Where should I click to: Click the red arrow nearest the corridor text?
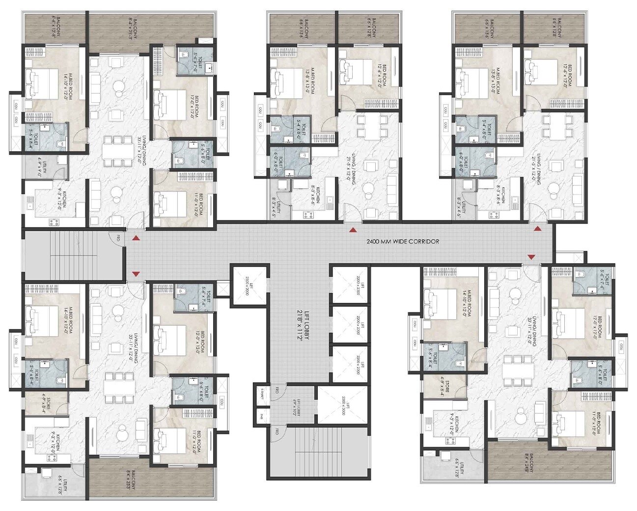coord(352,229)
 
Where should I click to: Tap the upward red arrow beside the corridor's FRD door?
coord(136,239)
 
